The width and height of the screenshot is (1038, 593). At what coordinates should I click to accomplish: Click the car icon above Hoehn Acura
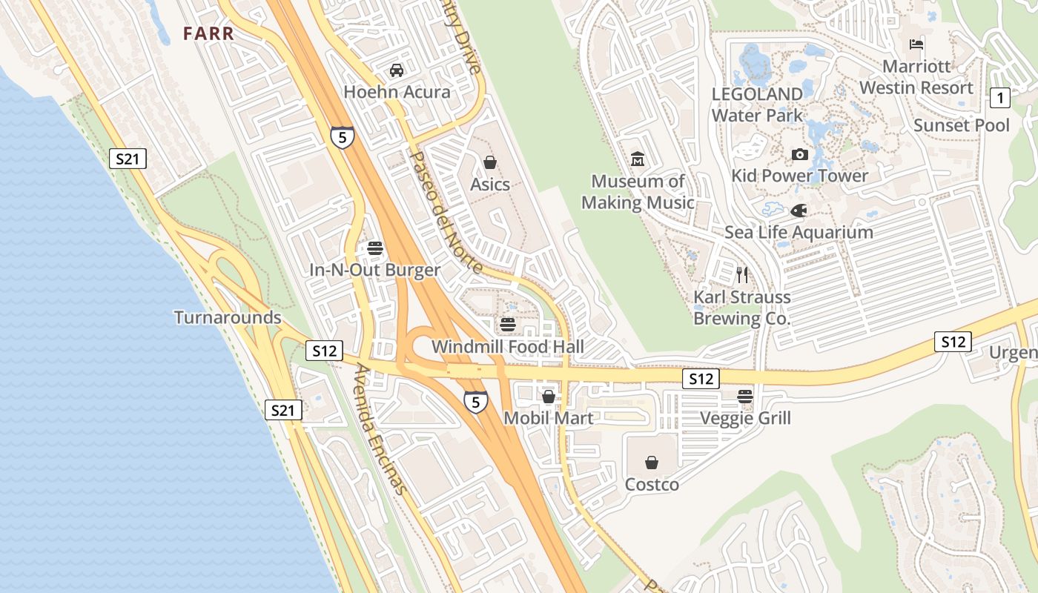tap(397, 70)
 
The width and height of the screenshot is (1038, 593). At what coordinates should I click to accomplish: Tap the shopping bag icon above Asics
tap(489, 162)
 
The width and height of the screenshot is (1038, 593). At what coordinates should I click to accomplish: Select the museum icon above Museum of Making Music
tap(638, 159)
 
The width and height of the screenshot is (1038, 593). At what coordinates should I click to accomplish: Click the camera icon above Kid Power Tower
tap(799, 154)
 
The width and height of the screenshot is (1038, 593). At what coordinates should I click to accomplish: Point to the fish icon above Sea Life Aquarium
tap(799, 211)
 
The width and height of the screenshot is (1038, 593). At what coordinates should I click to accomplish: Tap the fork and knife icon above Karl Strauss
tap(742, 275)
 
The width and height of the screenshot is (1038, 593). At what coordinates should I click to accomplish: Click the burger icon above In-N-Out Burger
tap(374, 248)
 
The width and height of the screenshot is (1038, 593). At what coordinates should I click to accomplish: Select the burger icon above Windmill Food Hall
tap(508, 325)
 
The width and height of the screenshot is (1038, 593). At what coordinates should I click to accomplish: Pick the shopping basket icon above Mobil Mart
tap(549, 397)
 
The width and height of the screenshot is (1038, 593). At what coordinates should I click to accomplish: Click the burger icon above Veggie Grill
tap(745, 396)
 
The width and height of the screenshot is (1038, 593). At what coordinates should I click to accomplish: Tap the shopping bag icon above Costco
tap(652, 463)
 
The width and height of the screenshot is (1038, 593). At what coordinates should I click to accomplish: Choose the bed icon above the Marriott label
tap(916, 44)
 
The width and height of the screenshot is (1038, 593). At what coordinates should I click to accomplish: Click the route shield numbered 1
tap(1000, 97)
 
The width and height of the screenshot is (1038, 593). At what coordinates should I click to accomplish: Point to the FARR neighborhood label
tap(209, 33)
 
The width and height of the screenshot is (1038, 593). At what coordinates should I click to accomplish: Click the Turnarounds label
tap(228, 318)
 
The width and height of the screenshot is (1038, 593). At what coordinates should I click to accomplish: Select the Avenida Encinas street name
tap(381, 429)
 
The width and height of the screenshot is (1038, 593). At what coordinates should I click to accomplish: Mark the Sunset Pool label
tap(962, 125)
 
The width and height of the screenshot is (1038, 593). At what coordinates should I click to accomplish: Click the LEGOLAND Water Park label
tap(757, 105)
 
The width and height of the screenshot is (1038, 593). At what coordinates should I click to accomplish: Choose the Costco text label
tap(652, 485)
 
